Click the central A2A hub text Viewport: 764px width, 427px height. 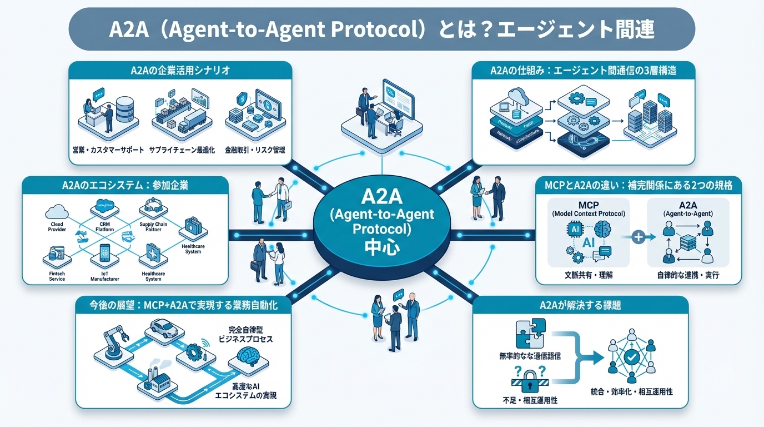(381, 221)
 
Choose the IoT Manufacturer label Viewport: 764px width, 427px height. (105, 276)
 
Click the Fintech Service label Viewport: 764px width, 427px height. (54, 276)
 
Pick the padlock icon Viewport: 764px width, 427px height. (525, 383)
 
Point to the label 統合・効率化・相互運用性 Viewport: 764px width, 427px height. (632, 391)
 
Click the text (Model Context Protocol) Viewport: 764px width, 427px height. (588, 213)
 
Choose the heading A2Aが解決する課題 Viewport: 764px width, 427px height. (580, 305)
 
